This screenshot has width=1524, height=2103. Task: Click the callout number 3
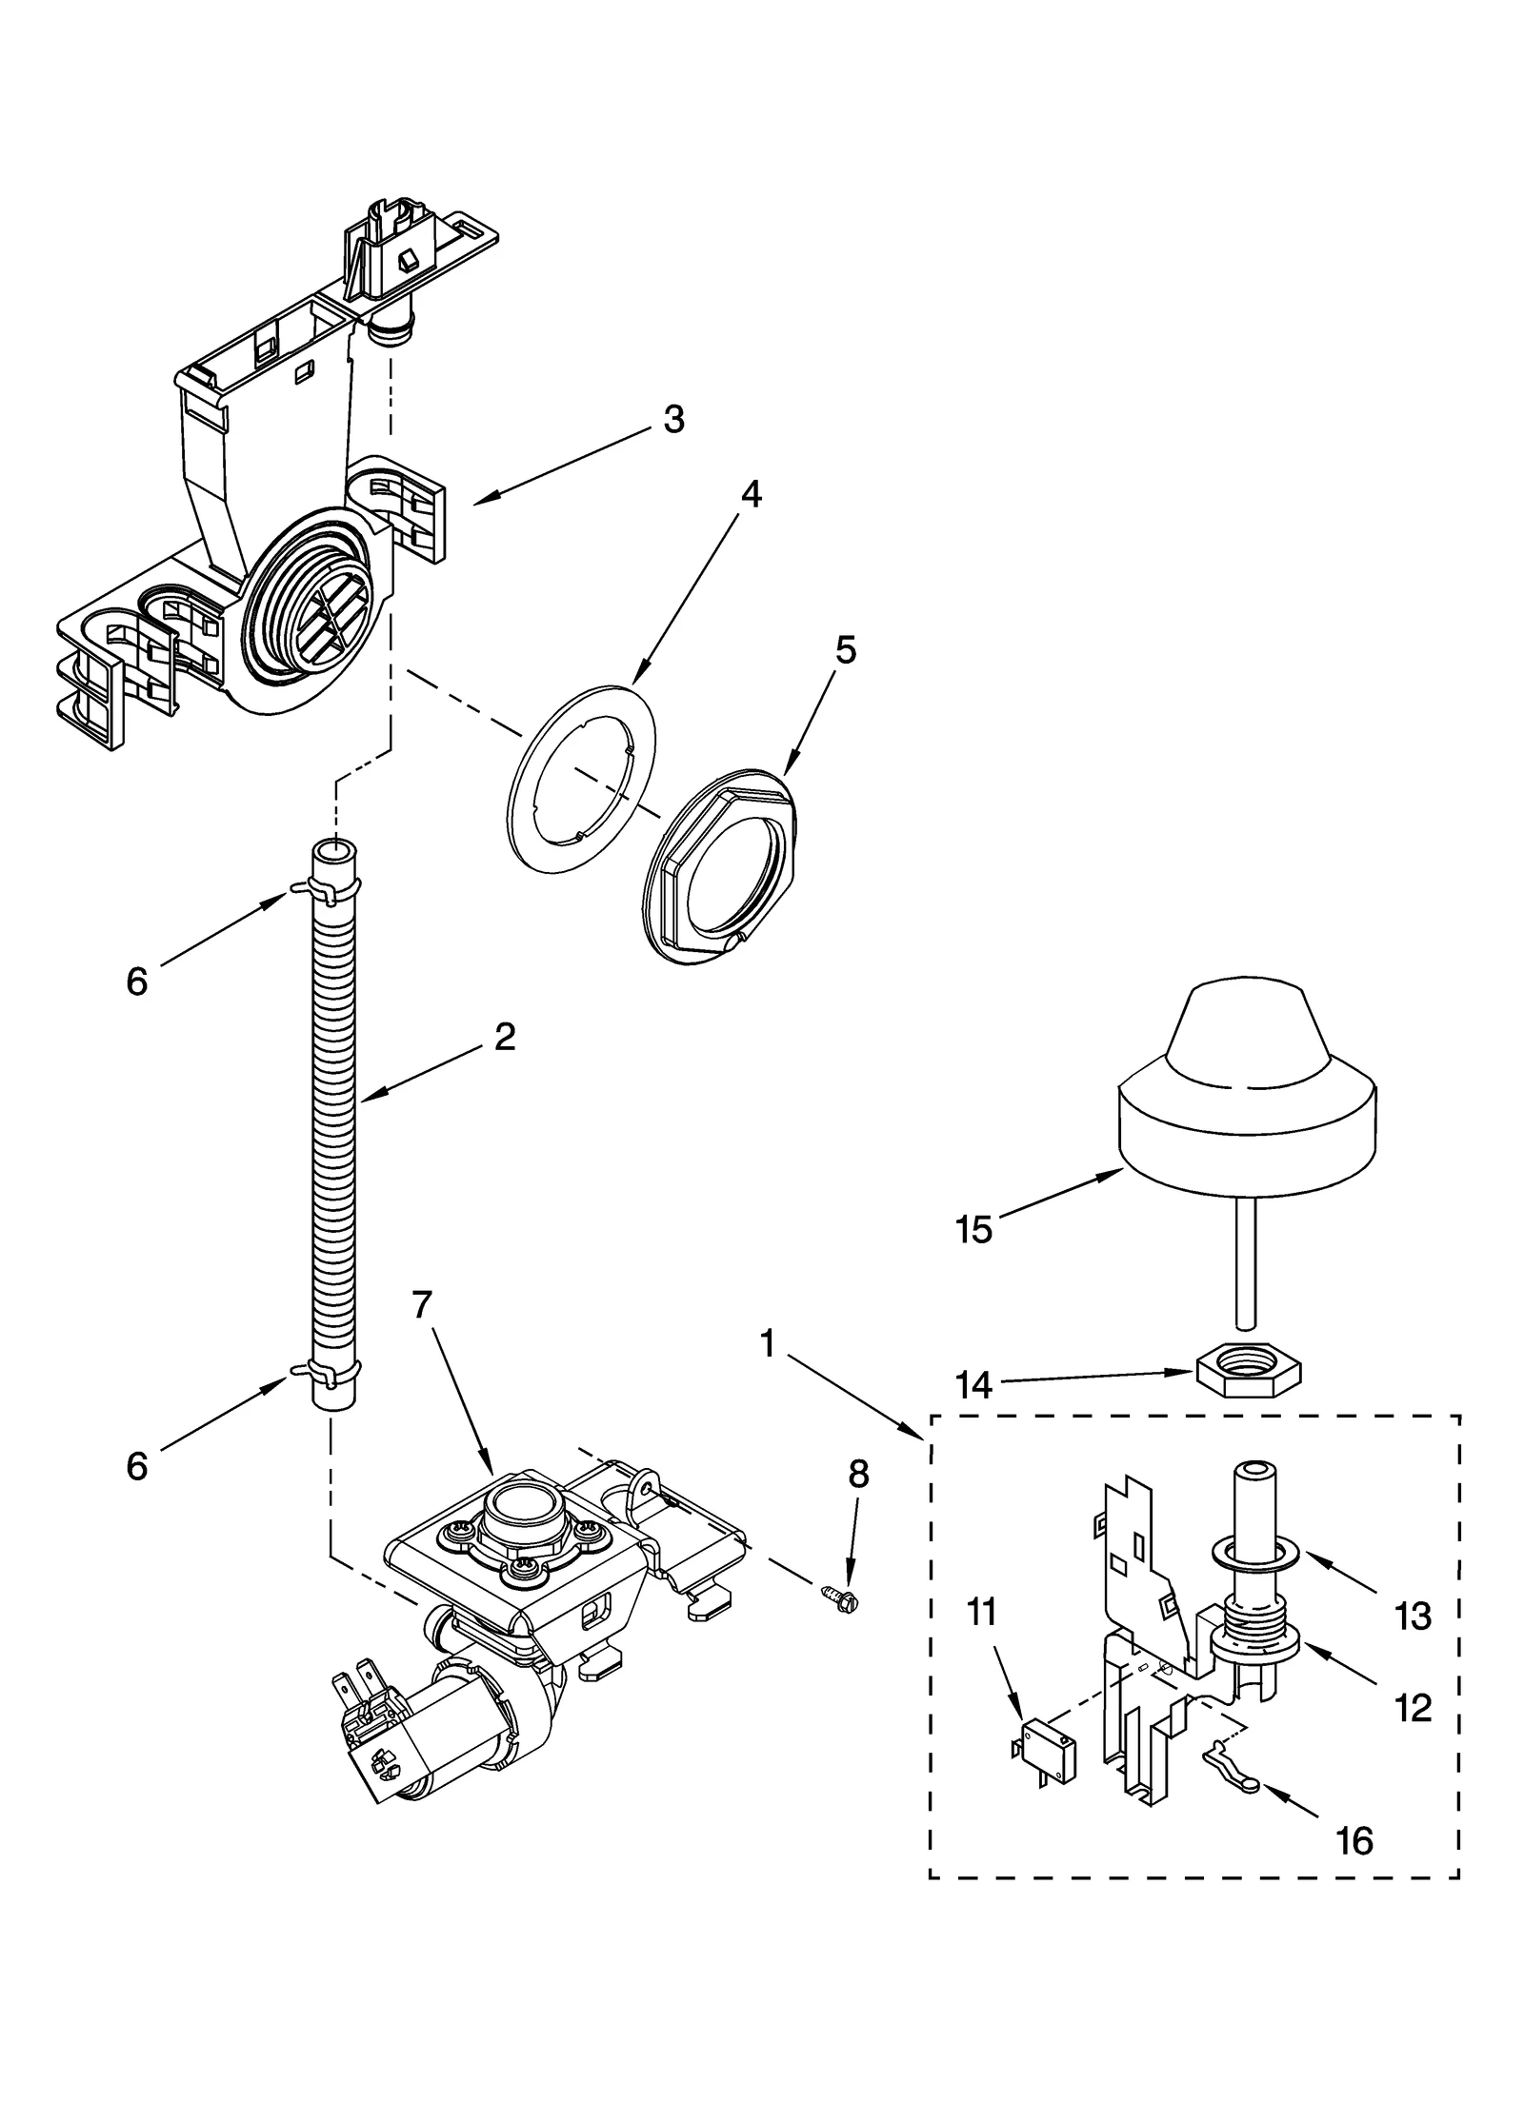click(x=673, y=419)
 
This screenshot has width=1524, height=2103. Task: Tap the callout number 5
click(x=846, y=650)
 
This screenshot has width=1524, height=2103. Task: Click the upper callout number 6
click(x=137, y=982)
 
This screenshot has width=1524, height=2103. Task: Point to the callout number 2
click(x=505, y=1037)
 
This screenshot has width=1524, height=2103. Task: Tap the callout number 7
click(x=423, y=1305)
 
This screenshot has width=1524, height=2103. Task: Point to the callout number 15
click(x=974, y=1230)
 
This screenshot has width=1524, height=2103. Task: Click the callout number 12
click(x=1412, y=1709)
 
